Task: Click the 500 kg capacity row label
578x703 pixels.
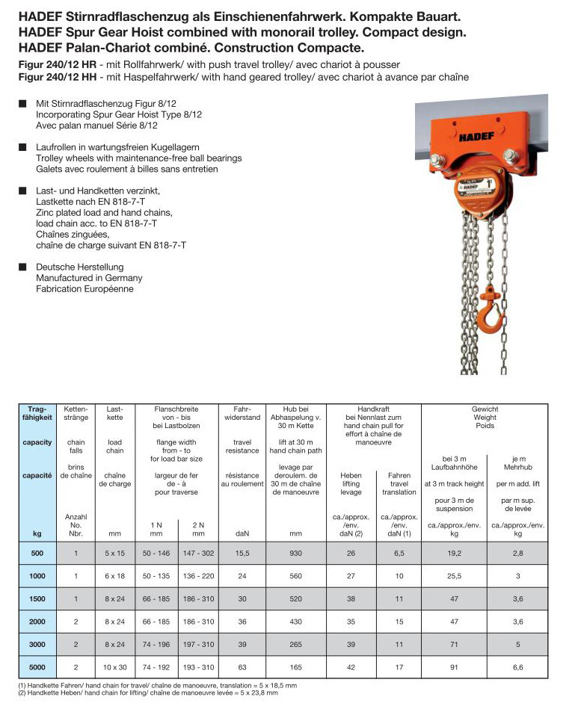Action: (x=37, y=554)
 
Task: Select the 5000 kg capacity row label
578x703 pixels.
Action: (x=37, y=666)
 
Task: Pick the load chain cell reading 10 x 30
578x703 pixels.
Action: (x=114, y=666)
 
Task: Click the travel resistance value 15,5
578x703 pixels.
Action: (x=241, y=554)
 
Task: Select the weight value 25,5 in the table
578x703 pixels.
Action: (x=454, y=576)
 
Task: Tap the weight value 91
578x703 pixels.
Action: (x=454, y=666)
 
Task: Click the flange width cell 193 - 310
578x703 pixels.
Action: (x=197, y=666)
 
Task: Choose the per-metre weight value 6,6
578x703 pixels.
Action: (x=517, y=666)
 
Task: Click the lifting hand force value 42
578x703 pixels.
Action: (x=351, y=666)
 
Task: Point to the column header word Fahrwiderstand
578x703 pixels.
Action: (x=242, y=414)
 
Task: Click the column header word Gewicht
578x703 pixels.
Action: (x=485, y=409)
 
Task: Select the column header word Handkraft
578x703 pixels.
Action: (x=373, y=409)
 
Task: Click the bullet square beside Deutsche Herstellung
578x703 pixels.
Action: (x=22, y=267)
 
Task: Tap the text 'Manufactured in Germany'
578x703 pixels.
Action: (x=89, y=278)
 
